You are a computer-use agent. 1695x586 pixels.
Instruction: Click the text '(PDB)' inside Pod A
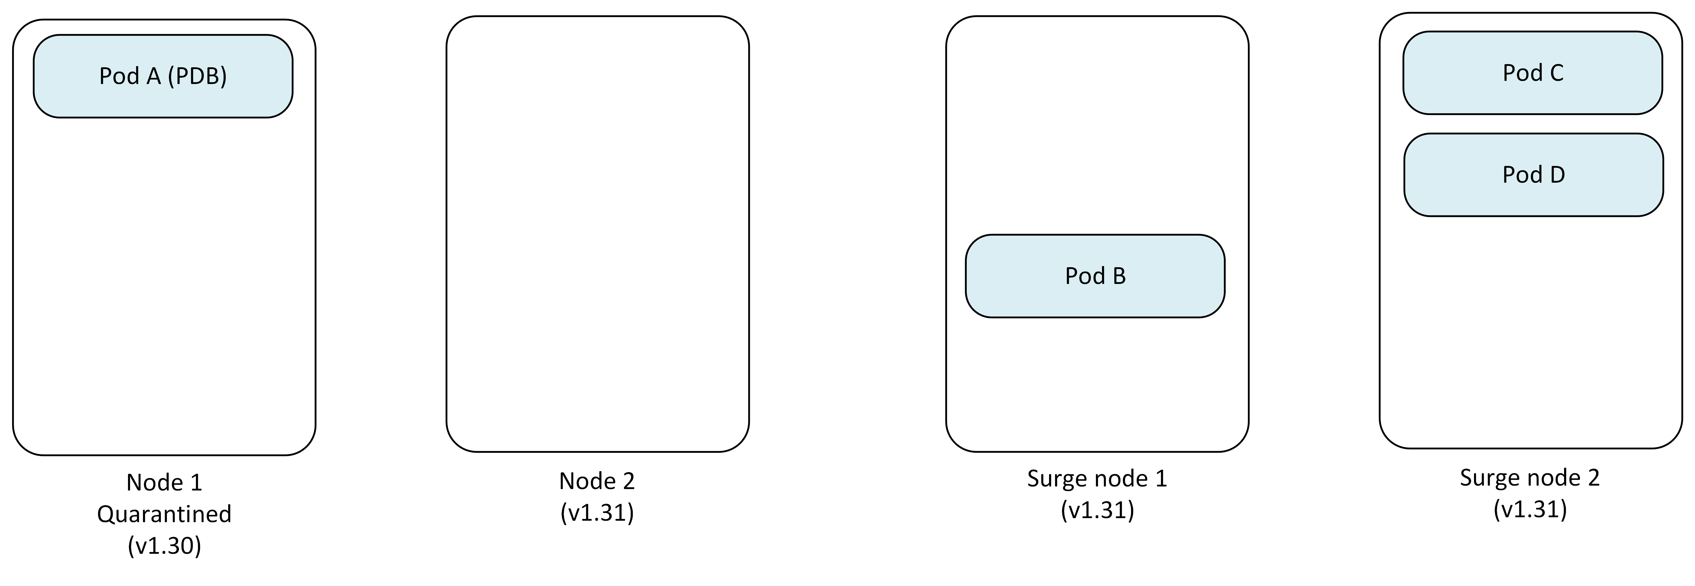pyautogui.click(x=197, y=76)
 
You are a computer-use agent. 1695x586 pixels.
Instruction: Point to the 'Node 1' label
pyautogui.click(x=164, y=483)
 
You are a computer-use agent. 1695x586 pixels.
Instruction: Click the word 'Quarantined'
pyautogui.click(x=164, y=514)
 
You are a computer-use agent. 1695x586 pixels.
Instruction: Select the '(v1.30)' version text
pyautogui.click(x=164, y=545)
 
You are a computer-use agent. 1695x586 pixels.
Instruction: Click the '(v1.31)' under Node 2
pyautogui.click(x=597, y=512)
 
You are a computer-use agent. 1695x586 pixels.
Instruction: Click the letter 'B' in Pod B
pyautogui.click(x=1119, y=276)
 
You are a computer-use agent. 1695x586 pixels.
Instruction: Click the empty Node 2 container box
pyautogui.click(x=597, y=234)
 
